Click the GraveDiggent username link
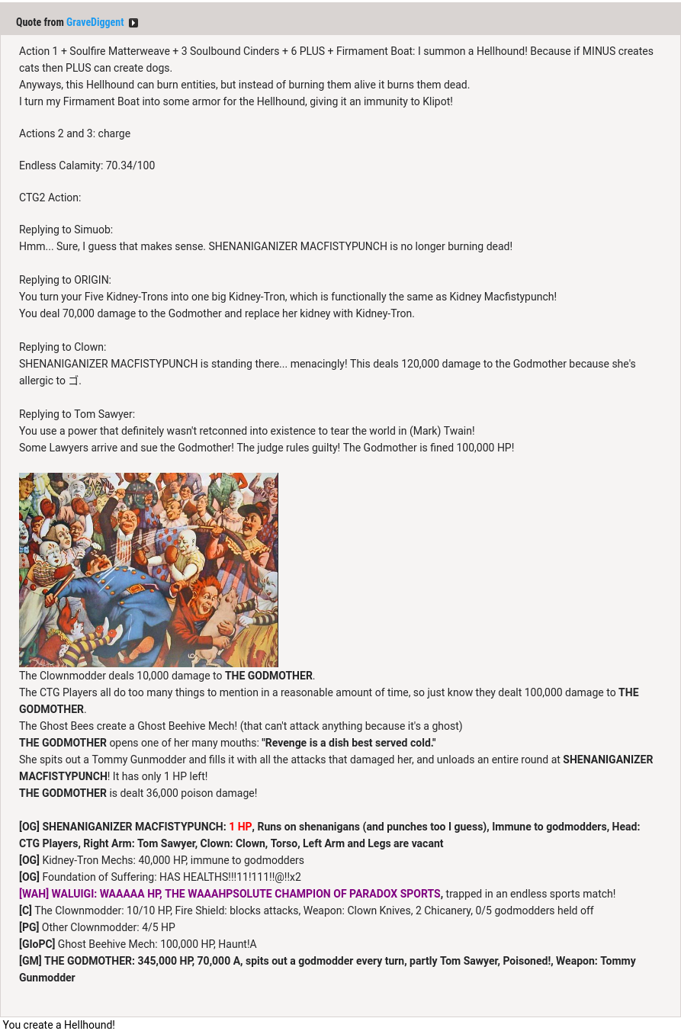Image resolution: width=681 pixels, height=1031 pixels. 95,23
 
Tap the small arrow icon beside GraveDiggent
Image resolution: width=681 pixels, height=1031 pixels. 133,23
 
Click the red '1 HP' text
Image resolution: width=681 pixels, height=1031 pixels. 240,827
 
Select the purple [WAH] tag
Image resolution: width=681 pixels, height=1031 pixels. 34,894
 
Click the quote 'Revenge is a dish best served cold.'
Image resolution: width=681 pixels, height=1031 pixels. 349,743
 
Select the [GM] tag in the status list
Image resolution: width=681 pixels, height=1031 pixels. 31,961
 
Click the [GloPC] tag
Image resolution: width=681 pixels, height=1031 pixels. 37,944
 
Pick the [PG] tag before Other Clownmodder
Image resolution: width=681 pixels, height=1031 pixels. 29,927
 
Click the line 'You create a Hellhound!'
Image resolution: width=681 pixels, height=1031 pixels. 59,1025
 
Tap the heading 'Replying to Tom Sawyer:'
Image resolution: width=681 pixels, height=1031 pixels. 77,414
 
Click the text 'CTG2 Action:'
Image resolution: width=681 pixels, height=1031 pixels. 50,198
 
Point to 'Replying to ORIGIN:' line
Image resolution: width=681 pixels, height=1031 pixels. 65,280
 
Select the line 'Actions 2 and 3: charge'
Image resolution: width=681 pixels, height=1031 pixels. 75,133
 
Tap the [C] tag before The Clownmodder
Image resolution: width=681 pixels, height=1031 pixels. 25,911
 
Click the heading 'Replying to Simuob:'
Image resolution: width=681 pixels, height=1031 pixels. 66,230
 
